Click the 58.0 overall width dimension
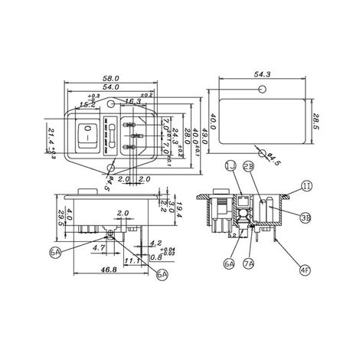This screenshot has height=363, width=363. [x=113, y=79]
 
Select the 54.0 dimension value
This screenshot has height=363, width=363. [x=113, y=89]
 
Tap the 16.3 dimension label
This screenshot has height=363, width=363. [x=132, y=100]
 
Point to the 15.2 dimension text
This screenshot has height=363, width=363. [x=88, y=105]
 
